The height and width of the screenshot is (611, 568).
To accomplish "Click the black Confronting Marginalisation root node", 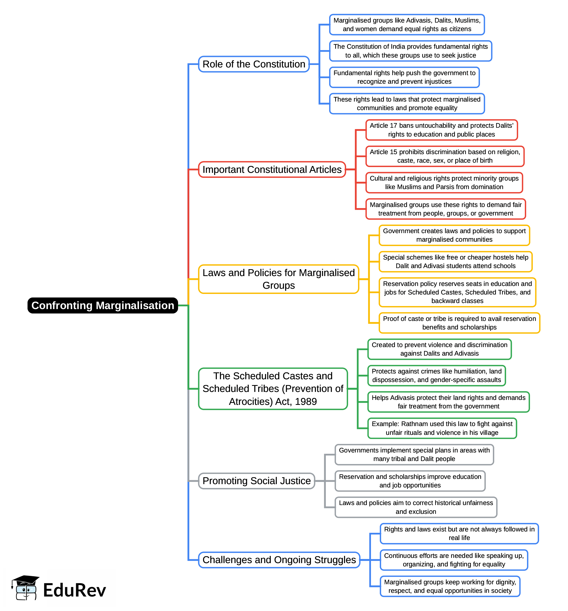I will [x=103, y=305].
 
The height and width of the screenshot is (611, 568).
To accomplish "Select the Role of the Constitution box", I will [x=253, y=64].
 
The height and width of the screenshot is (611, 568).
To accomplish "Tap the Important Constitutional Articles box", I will [x=272, y=170].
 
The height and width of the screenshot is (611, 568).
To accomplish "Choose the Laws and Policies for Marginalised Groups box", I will [x=278, y=279].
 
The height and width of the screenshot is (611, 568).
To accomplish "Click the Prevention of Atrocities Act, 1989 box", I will [x=273, y=389].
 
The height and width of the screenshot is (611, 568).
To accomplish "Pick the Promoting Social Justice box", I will [x=256, y=481].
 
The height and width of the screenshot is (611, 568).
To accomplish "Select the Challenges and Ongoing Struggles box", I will [x=279, y=560].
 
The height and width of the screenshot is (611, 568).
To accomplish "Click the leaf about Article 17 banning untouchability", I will [x=441, y=130].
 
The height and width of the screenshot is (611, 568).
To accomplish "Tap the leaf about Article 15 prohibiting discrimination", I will [x=445, y=156].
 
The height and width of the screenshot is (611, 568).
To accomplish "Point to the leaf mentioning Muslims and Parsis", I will [x=444, y=183].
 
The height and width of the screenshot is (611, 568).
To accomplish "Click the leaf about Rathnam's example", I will [x=442, y=429].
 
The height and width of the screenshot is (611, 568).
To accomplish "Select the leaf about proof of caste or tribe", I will [x=459, y=323].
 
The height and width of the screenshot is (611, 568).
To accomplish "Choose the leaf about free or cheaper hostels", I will [x=455, y=262].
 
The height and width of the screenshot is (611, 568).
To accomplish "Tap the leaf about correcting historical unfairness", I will [x=416, y=508].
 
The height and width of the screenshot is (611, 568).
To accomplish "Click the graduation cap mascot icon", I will [x=25, y=588].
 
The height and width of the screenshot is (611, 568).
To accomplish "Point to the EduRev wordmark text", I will [x=74, y=590].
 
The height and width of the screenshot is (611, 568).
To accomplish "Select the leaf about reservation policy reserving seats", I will [x=457, y=293].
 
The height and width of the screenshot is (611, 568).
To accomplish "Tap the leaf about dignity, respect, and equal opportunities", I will [x=450, y=587].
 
